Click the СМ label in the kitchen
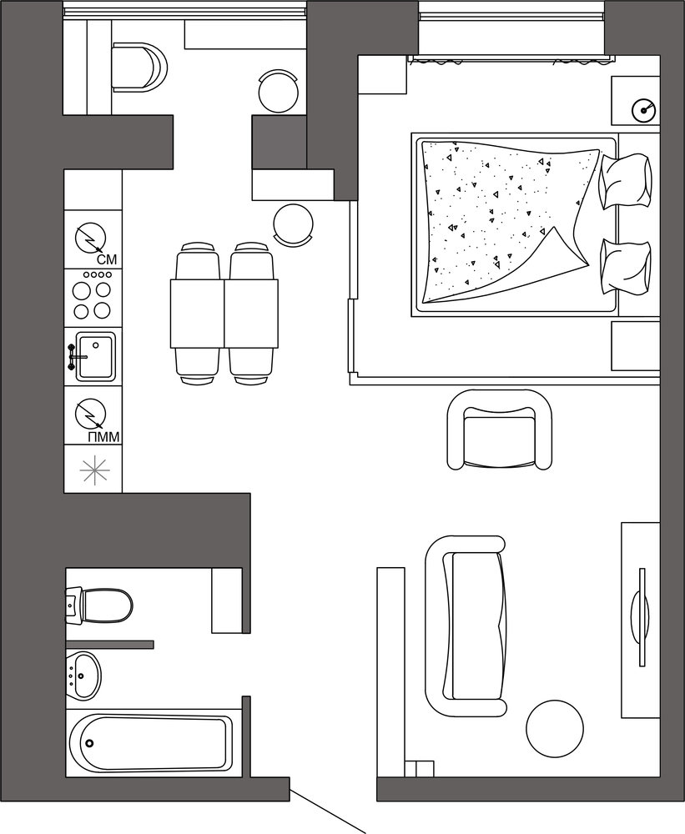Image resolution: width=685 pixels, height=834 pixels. coord(107,260)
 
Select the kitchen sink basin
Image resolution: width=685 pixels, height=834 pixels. coord(95,356)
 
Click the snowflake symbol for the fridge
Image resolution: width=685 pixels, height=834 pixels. coord(94,470)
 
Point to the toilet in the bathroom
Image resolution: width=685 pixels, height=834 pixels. coord(99,605)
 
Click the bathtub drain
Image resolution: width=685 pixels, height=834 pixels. coord(89,743)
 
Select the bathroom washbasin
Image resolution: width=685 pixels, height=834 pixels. coord(84,675)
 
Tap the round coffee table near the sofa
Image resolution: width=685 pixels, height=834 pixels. coord(555,727)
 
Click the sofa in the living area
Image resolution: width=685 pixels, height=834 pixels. coord(466,626)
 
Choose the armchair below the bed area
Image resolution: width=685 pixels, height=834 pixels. coord(500,430)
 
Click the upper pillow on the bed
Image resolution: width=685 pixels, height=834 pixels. coord(626,181)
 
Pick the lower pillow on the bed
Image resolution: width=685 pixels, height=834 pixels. coord(626,266)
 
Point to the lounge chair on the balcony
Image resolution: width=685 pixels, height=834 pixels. coord(139,67)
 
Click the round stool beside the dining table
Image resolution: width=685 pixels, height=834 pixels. coord(293,224)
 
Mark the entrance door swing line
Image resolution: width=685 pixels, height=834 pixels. coord(327,810)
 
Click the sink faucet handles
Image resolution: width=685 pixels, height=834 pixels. coord(71,357)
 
